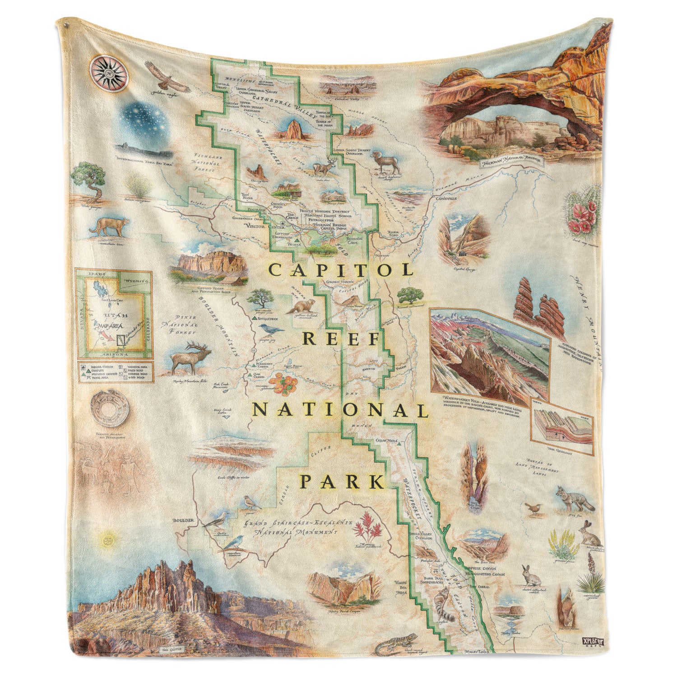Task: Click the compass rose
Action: pyautogui.click(x=109, y=73)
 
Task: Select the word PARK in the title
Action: pyautogui.click(x=342, y=482)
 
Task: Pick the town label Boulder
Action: pyautogui.click(x=183, y=520)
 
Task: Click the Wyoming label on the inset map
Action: pyautogui.click(x=136, y=281)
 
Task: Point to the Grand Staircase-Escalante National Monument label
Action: pyautogui.click(x=298, y=528)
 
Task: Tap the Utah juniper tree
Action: pyautogui.click(x=91, y=181)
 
